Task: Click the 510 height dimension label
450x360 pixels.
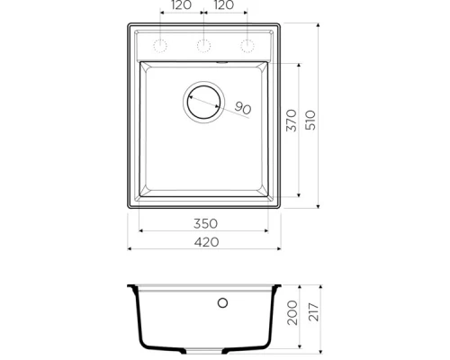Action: (310, 120)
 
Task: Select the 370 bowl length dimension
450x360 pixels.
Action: (292, 121)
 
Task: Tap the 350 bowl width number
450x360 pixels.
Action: (205, 224)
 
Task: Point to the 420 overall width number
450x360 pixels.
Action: (206, 242)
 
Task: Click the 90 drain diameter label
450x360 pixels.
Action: (243, 108)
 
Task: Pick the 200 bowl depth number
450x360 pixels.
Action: (292, 313)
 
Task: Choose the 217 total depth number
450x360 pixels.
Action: (313, 312)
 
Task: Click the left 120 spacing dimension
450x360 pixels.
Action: (182, 5)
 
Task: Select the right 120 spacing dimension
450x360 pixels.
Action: (224, 5)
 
